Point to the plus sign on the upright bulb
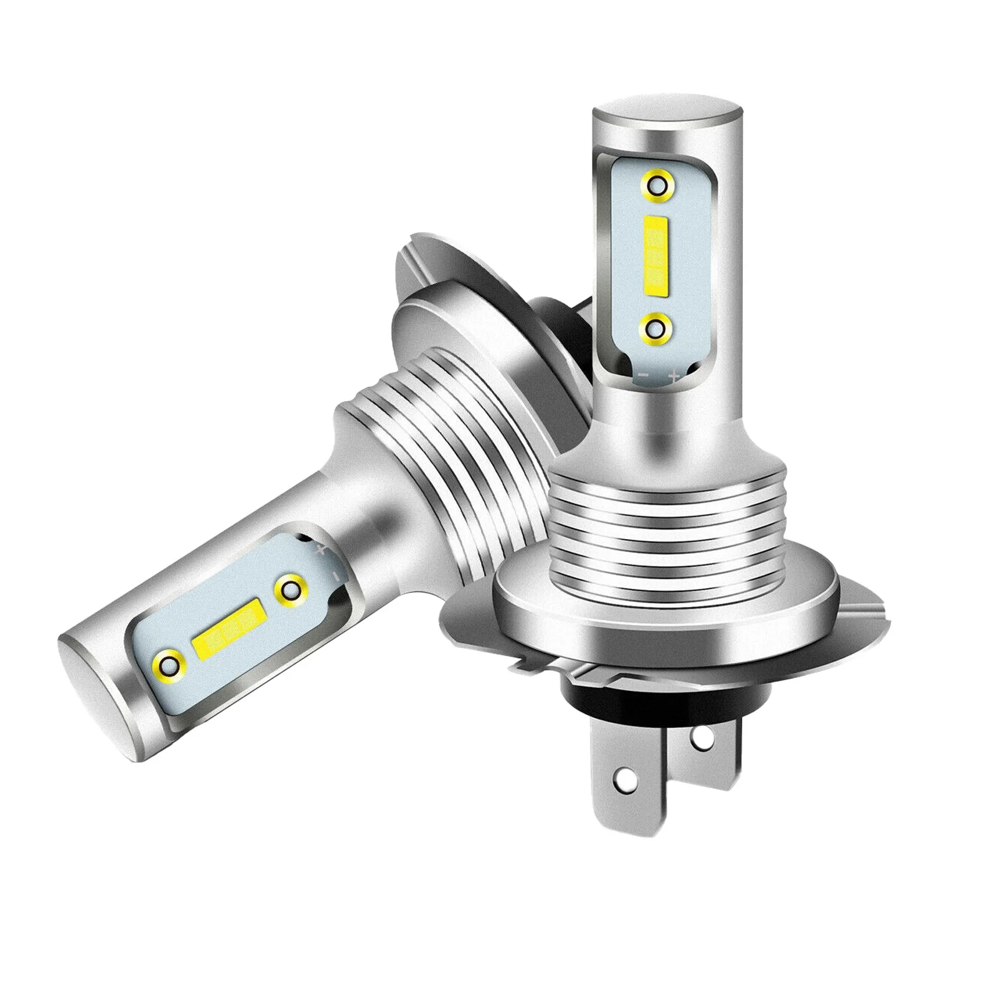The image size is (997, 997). [673, 376]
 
